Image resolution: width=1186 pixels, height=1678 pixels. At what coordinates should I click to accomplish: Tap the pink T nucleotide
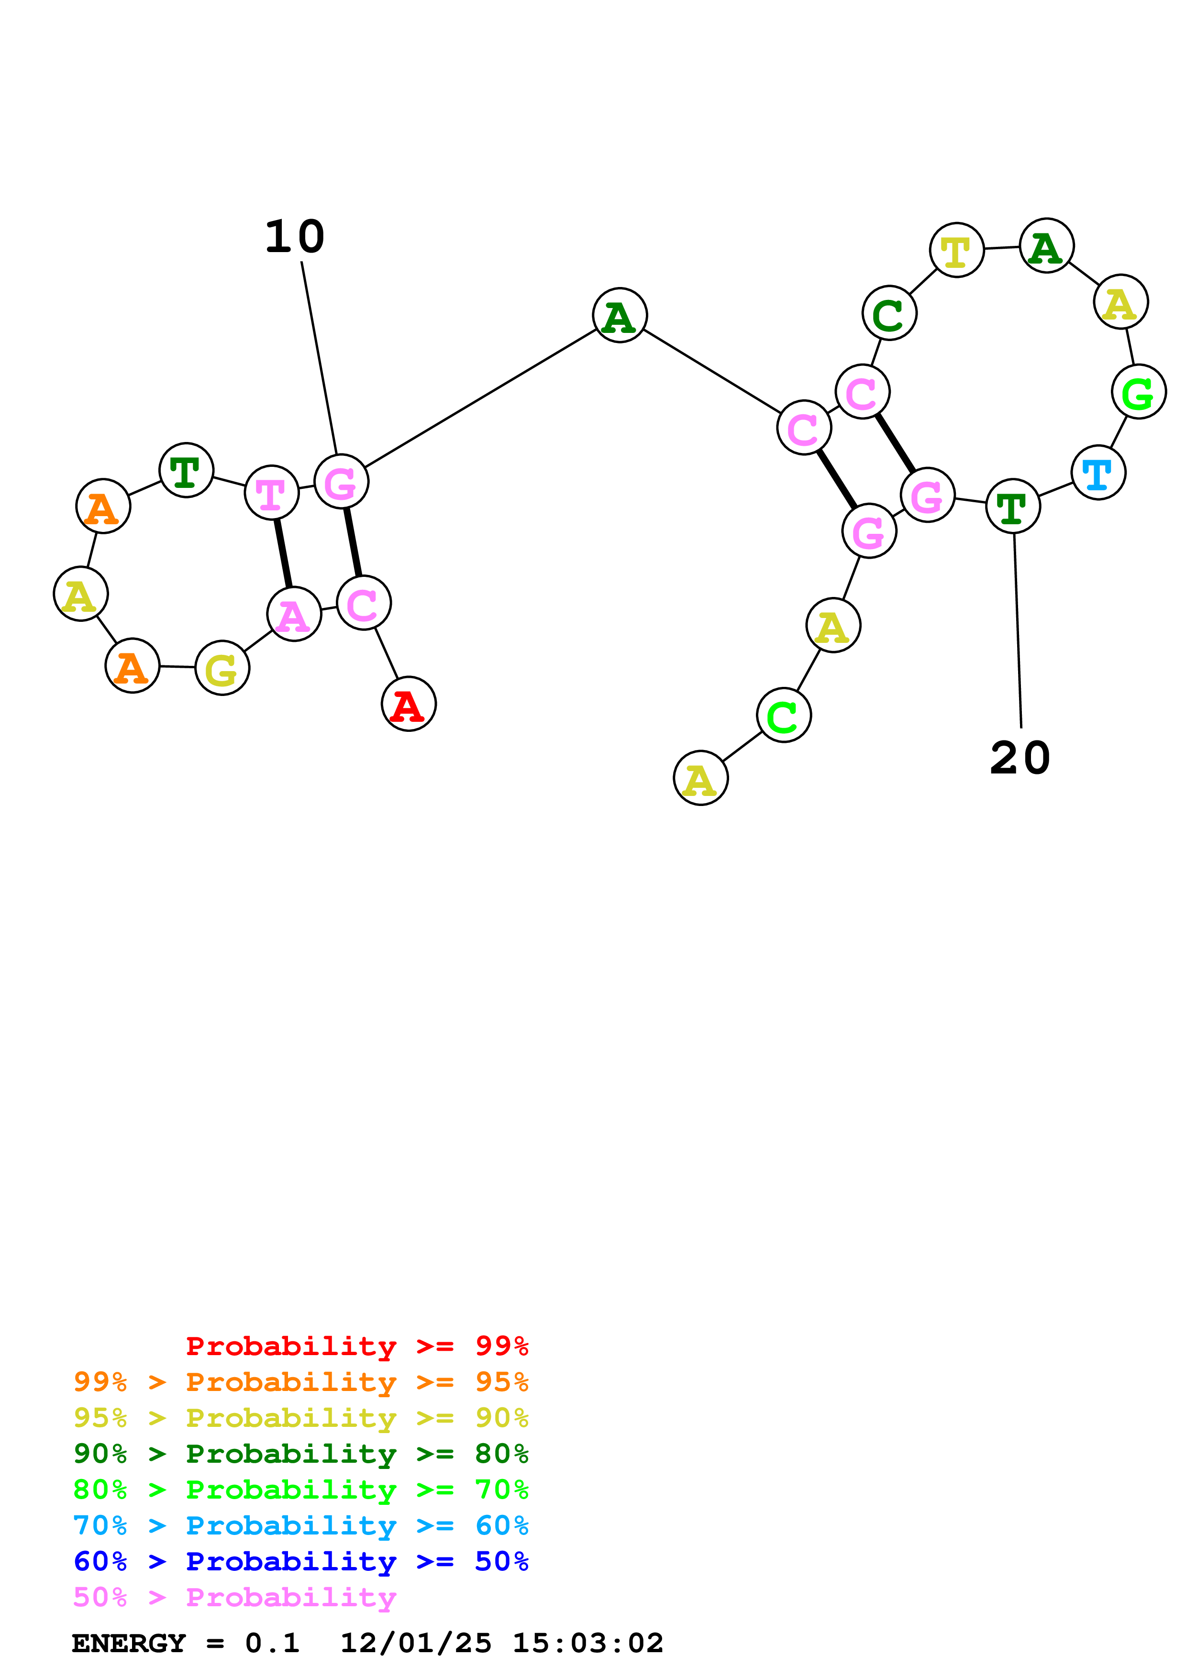(x=271, y=493)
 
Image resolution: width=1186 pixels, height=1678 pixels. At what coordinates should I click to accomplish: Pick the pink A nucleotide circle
(x=294, y=614)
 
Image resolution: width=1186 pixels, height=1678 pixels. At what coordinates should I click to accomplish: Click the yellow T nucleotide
(x=956, y=250)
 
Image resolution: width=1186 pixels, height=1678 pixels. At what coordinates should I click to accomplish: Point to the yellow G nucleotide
(x=222, y=668)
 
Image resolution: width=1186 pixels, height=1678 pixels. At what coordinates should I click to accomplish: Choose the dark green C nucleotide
(x=888, y=313)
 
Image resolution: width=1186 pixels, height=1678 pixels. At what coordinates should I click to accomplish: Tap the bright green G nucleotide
(x=1138, y=392)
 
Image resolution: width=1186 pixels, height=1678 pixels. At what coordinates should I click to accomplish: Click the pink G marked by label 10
(x=341, y=482)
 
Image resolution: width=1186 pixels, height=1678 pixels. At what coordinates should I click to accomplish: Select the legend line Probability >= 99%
(x=356, y=1346)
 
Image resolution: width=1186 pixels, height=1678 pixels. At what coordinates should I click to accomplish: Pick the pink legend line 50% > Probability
(x=234, y=1597)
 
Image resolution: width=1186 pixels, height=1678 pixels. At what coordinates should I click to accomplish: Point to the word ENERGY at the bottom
(x=129, y=1643)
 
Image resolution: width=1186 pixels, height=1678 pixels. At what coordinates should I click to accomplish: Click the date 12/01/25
(x=415, y=1643)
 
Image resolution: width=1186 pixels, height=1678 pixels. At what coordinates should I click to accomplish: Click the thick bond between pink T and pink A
(x=283, y=553)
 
